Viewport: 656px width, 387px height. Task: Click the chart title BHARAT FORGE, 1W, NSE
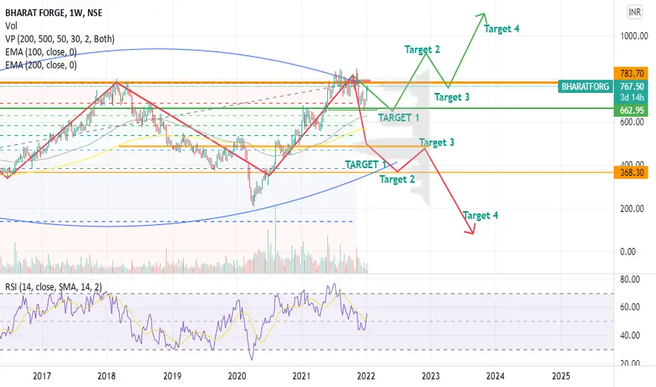(53, 13)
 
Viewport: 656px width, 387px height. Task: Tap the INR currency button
(634, 12)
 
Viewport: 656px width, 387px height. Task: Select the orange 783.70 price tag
(631, 74)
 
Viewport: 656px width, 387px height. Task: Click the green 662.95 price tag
(631, 110)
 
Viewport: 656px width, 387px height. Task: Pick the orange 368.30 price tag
(631, 172)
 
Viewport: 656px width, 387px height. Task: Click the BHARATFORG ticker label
(586, 87)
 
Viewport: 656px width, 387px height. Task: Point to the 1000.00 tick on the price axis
(634, 36)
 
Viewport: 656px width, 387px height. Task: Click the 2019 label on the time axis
(172, 376)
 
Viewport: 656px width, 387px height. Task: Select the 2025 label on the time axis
(560, 376)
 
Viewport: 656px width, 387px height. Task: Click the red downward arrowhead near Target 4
(471, 230)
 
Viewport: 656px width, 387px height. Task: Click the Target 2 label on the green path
(422, 50)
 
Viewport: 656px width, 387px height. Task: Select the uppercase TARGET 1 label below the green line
(398, 118)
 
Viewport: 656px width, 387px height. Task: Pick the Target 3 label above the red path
(436, 143)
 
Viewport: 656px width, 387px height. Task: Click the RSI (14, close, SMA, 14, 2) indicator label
(53, 287)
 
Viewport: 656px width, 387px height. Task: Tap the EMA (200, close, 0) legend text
(41, 65)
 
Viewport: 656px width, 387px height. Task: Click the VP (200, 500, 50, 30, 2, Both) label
(60, 39)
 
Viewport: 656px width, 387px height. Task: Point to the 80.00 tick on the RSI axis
(630, 279)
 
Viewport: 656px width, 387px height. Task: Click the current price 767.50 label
(631, 87)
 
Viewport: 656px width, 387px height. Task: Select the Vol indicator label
(11, 26)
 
